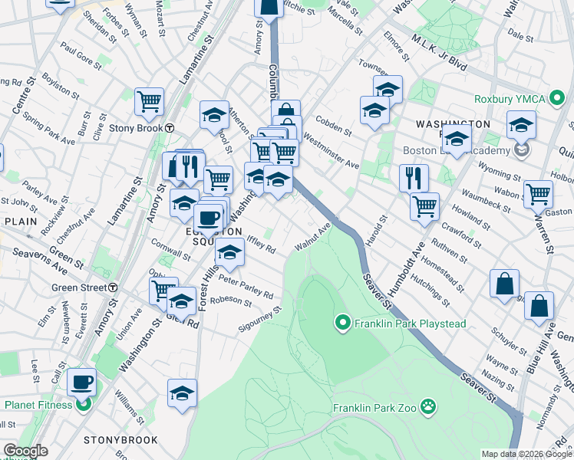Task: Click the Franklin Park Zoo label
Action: [374, 408]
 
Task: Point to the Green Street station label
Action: [79, 287]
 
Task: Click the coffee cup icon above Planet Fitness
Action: [81, 381]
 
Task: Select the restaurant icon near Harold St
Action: [414, 178]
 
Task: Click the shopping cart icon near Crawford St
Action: [425, 205]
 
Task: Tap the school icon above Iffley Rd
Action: [229, 251]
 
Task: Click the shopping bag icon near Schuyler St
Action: [504, 284]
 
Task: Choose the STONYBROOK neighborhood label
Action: [120, 440]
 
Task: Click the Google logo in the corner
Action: [25, 452]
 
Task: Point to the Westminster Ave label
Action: [331, 151]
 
